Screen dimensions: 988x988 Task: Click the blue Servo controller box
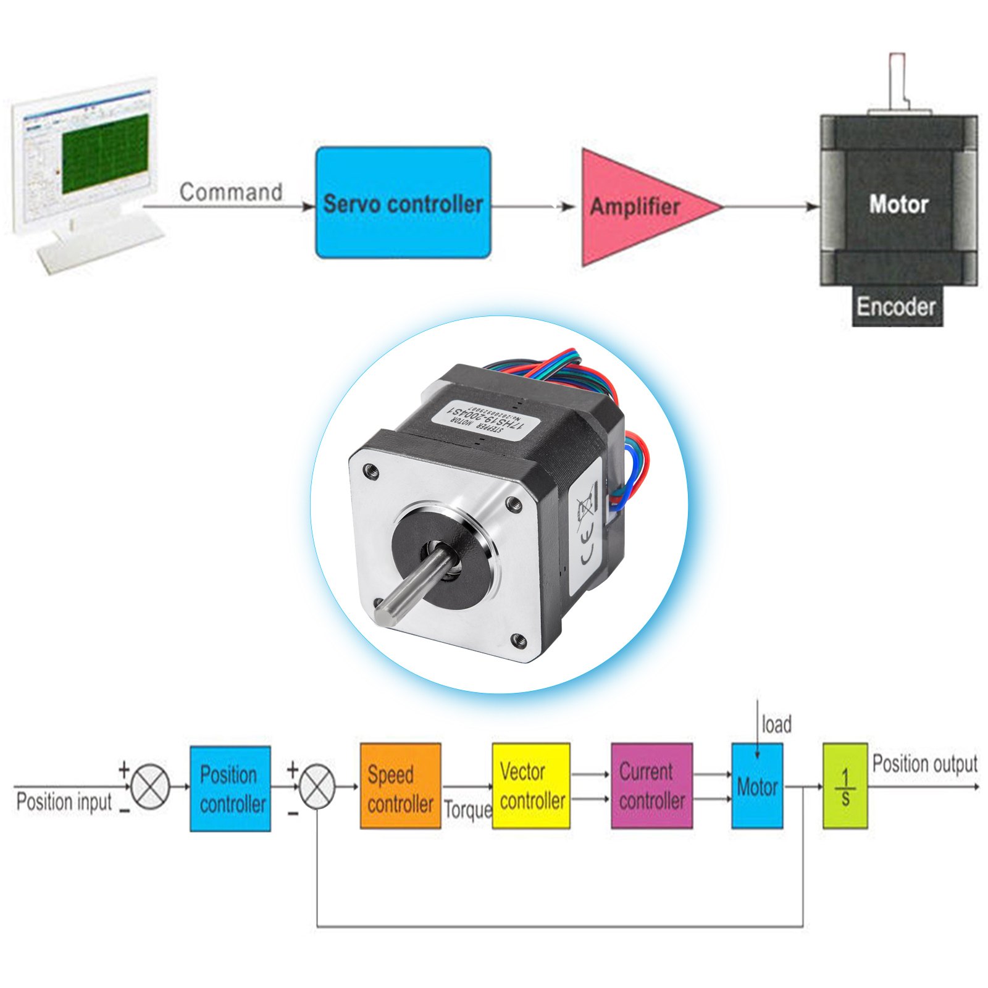coord(403,203)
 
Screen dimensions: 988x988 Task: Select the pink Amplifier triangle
coord(636,207)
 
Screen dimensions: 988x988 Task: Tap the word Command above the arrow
coord(231,192)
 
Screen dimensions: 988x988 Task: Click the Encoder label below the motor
coord(896,306)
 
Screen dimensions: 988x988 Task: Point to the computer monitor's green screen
coord(105,152)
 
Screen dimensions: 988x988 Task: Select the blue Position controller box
coord(230,789)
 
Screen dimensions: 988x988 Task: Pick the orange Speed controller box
coord(400,786)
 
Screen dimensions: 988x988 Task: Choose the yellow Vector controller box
coord(531,785)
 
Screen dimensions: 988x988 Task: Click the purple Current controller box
coord(651,785)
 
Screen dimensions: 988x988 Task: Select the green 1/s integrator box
coord(845,786)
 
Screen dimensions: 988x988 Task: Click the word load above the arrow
coord(776,724)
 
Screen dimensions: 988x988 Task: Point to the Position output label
coord(924,764)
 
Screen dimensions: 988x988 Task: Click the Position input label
coord(64,802)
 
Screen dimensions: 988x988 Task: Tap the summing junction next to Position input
coord(151,786)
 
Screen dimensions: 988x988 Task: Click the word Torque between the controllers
coord(467,809)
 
